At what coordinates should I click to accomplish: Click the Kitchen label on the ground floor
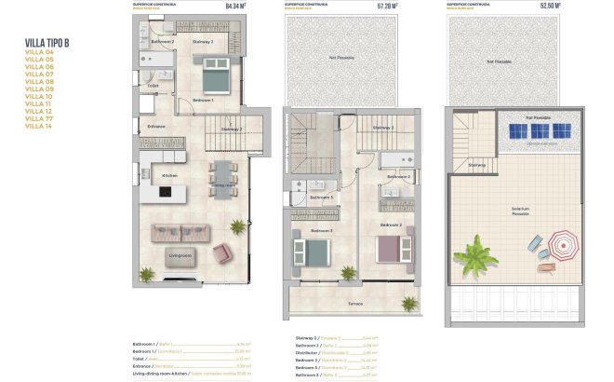[x=170, y=175]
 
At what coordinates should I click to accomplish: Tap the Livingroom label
[x=180, y=253]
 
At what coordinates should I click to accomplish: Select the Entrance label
[x=156, y=126]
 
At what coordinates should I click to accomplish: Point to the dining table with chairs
[x=223, y=177]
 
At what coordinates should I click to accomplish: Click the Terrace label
[x=355, y=304]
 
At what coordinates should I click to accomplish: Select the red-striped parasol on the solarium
[x=561, y=247]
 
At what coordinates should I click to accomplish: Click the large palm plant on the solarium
[x=476, y=252]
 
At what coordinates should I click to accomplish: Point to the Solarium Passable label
[x=520, y=211]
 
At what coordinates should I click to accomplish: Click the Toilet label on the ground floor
[x=153, y=86]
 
